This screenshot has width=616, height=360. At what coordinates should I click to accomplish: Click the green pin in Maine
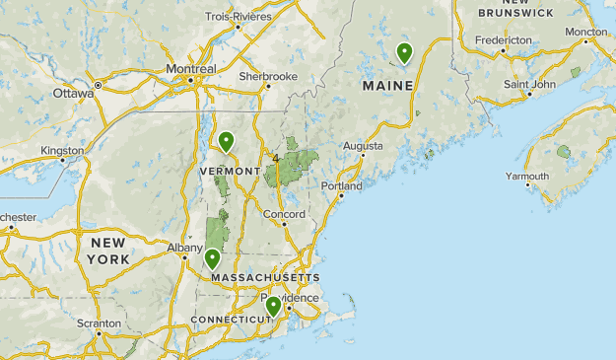[x=404, y=53]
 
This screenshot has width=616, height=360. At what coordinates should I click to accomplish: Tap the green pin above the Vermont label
[x=227, y=142]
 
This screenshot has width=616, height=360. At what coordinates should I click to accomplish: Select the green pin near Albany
[x=212, y=258]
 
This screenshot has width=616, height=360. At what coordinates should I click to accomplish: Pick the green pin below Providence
[x=273, y=307]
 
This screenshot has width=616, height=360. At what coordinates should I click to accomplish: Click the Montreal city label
[x=190, y=69]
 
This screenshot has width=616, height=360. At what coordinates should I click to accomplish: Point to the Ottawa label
[x=73, y=94]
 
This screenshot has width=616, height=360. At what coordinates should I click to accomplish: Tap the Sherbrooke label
[x=268, y=75]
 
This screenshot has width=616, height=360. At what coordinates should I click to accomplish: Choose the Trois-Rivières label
[x=238, y=16]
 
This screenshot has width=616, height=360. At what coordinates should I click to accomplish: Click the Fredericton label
[x=503, y=40]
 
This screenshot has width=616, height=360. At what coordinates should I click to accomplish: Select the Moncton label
[x=586, y=32]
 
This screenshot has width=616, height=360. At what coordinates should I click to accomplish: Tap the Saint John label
[x=530, y=84]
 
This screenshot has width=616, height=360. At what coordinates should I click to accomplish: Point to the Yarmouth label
[x=526, y=177]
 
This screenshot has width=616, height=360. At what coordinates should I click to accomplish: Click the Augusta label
[x=363, y=146]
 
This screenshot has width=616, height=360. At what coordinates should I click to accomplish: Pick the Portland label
[x=341, y=185]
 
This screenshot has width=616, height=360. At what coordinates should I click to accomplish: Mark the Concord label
[x=284, y=214]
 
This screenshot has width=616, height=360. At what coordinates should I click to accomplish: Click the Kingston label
[x=62, y=151]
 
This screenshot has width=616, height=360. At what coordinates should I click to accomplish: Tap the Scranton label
[x=101, y=323]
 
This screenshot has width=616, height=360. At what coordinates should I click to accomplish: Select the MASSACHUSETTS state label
[x=265, y=278]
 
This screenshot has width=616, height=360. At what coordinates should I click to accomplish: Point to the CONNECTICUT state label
[x=230, y=320]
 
